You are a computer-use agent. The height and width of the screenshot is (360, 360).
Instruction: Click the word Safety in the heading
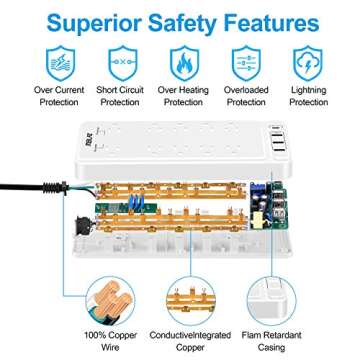coord(177,21)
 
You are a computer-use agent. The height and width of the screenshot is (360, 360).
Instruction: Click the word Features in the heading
coord(272,21)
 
